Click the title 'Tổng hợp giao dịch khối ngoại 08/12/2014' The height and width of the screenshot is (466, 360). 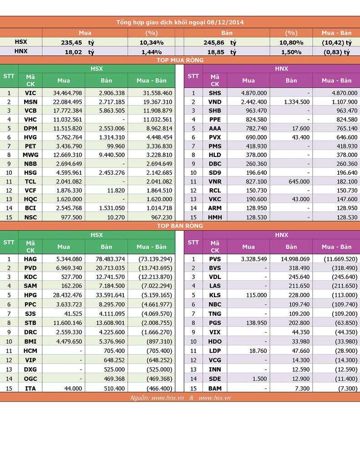(180, 22)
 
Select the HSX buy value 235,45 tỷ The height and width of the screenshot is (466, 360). (77, 42)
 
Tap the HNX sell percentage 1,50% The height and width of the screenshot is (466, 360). (291, 52)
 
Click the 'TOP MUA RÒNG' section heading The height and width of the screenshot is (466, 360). (180, 60)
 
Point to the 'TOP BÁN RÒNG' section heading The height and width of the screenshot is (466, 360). (180, 226)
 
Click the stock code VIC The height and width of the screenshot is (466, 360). (30, 93)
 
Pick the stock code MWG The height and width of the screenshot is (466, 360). (30, 155)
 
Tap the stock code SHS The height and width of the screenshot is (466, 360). (215, 93)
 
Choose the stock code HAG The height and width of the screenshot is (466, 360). (30, 259)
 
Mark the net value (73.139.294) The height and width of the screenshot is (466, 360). (156, 259)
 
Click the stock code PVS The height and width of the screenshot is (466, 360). (215, 259)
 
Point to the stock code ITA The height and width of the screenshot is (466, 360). (30, 389)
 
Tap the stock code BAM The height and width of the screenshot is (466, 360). (215, 389)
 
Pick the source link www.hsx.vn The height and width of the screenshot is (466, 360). (215, 398)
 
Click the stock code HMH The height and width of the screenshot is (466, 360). (215, 217)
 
